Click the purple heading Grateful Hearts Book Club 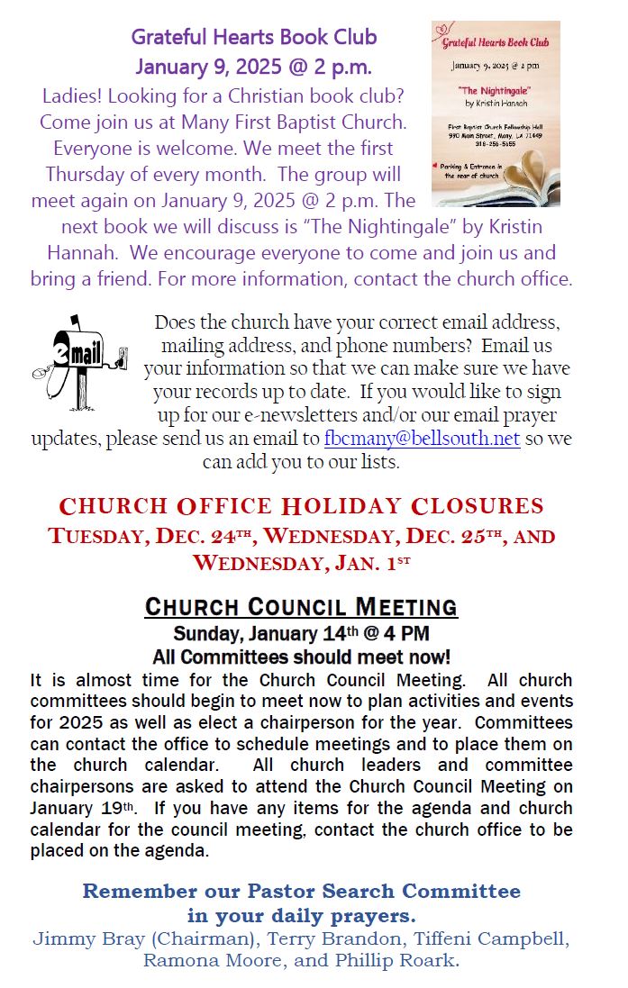tap(254, 38)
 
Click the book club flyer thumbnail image tap(496, 114)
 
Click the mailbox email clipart tap(80, 358)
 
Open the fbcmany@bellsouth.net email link tap(422, 439)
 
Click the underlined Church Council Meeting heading tap(301, 606)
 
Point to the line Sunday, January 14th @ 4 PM tap(301, 633)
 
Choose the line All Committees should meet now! tap(301, 657)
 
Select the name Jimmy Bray tap(74, 939)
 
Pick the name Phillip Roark tap(405, 961)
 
